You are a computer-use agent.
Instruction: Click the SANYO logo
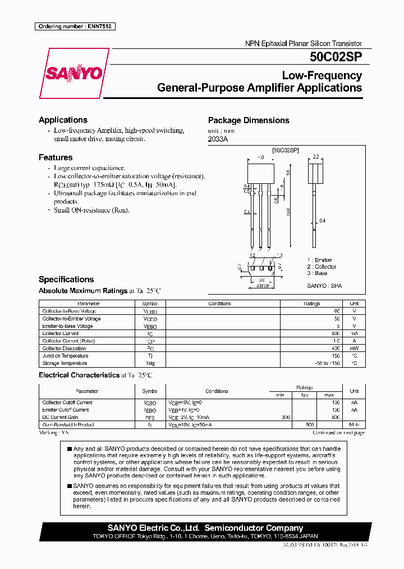coord(74,74)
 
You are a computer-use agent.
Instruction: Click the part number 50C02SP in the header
coord(336,57)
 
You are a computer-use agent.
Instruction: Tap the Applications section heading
coord(63,120)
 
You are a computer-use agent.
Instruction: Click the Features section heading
coord(56,157)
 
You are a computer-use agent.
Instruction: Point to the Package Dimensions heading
coord(249,120)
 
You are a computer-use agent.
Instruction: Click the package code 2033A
coord(218,139)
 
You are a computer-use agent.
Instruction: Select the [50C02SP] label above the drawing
coord(286,151)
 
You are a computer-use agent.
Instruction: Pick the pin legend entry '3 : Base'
coord(318,273)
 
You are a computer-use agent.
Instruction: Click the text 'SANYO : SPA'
coord(324,286)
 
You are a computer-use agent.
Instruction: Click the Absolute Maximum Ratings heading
coord(83,291)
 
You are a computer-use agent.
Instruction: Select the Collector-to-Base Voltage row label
coord(69,311)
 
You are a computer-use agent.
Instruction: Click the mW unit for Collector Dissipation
coord(353,349)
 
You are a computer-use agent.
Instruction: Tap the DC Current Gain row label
coord(61,417)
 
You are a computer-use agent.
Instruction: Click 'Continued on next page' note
coord(338,433)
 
